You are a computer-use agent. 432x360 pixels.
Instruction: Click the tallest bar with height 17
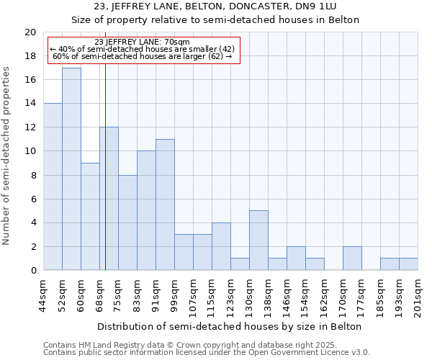click(71, 169)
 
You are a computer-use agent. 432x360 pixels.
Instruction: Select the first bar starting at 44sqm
click(53, 187)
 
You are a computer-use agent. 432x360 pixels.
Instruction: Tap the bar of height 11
click(165, 204)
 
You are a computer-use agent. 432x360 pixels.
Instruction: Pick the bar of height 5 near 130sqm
click(258, 240)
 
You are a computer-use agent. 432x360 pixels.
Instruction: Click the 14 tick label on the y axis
click(30, 104)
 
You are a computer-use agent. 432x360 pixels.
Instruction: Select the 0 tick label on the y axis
click(32, 271)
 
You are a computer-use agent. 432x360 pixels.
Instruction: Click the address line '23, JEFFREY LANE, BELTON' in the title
click(215, 7)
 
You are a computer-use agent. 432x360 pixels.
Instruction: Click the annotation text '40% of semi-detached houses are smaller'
click(142, 49)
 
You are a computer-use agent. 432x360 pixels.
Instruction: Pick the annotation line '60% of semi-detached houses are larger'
click(142, 56)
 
